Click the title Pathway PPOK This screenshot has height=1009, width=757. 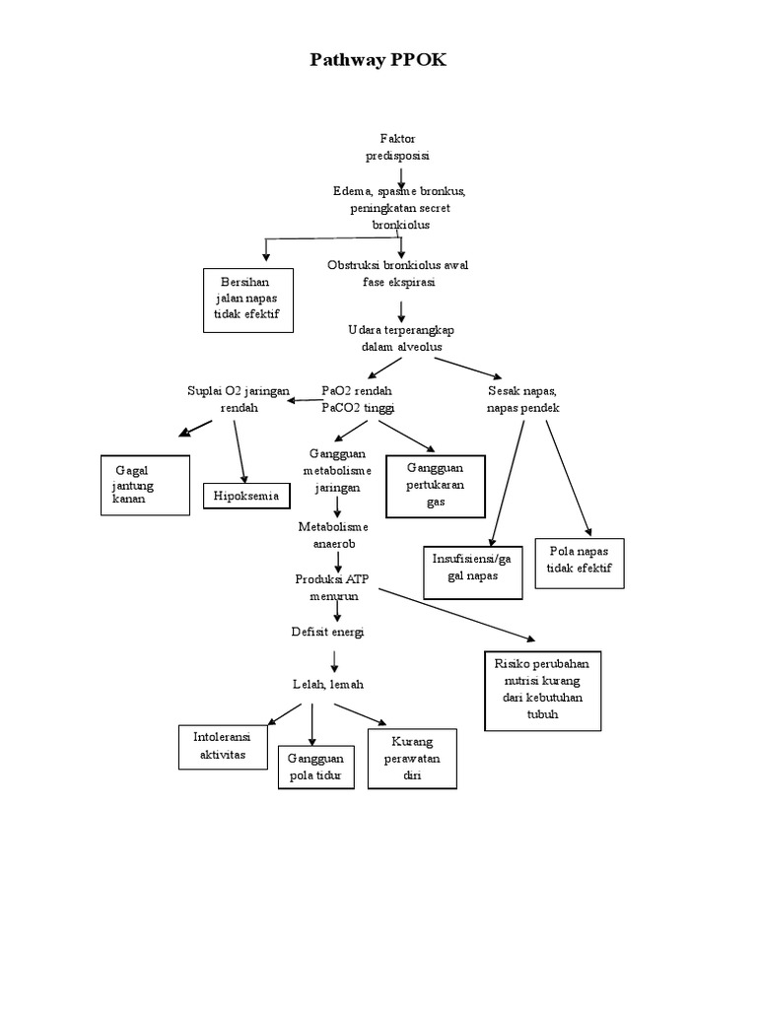pyautogui.click(x=378, y=61)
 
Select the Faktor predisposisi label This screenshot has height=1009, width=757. pyautogui.click(x=401, y=147)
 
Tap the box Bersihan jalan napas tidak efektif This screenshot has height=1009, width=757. pyautogui.click(x=247, y=299)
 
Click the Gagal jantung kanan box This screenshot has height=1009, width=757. pyautogui.click(x=145, y=485)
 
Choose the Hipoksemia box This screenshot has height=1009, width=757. pyautogui.click(x=246, y=496)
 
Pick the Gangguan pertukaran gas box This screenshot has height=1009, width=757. pyautogui.click(x=435, y=486)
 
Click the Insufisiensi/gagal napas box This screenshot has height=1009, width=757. pyautogui.click(x=472, y=571)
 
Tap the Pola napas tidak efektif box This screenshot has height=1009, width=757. pyautogui.click(x=579, y=562)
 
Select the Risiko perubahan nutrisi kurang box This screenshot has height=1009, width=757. pyautogui.click(x=542, y=689)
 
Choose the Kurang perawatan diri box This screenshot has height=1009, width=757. pyautogui.click(x=412, y=758)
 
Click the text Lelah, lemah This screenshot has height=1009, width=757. pyautogui.click(x=336, y=684)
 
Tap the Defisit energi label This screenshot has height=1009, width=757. pyautogui.click(x=327, y=632)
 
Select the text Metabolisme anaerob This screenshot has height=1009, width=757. pyautogui.click(x=332, y=535)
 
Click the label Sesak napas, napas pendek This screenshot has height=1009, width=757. pyautogui.click(x=522, y=399)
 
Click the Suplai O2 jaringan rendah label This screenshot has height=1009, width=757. pyautogui.click(x=239, y=399)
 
